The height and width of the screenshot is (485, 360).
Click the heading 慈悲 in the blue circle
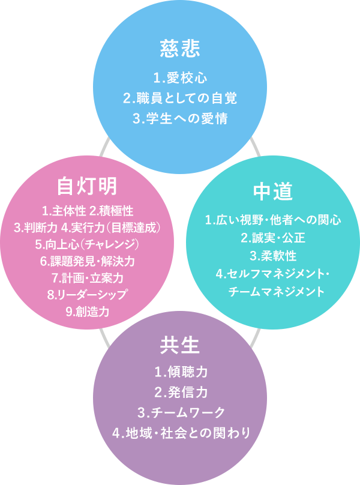click(x=180, y=49)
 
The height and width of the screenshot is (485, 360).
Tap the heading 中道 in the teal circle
click(x=273, y=191)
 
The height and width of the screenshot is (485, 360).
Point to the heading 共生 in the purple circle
click(x=180, y=345)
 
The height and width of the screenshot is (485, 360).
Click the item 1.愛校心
click(x=180, y=77)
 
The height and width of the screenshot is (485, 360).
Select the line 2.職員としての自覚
click(x=180, y=97)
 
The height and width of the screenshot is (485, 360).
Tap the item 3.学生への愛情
click(x=180, y=117)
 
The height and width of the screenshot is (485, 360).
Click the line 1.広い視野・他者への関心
click(x=273, y=220)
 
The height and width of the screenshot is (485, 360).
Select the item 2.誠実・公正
click(x=273, y=238)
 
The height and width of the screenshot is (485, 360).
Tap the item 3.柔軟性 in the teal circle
click(x=273, y=256)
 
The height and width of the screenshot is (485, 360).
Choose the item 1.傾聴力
click(x=180, y=372)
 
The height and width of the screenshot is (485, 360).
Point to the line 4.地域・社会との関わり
click(x=180, y=432)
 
